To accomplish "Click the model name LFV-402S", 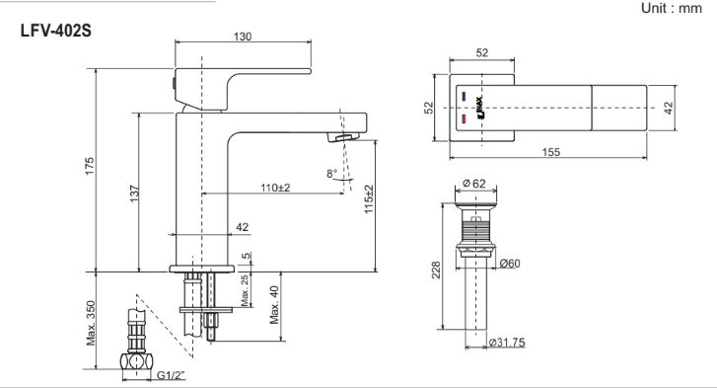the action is [x=56, y=31].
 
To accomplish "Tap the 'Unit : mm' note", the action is [x=671, y=8].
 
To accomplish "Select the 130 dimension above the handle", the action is [x=243, y=37].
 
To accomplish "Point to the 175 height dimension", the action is [x=89, y=166].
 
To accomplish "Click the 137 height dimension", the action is [x=134, y=194].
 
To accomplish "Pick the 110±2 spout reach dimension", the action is [x=275, y=188].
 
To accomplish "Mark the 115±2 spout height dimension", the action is [x=369, y=199].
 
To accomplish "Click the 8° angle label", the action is [x=332, y=174].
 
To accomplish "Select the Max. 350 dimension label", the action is [x=91, y=323].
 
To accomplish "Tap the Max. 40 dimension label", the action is [x=274, y=305].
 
